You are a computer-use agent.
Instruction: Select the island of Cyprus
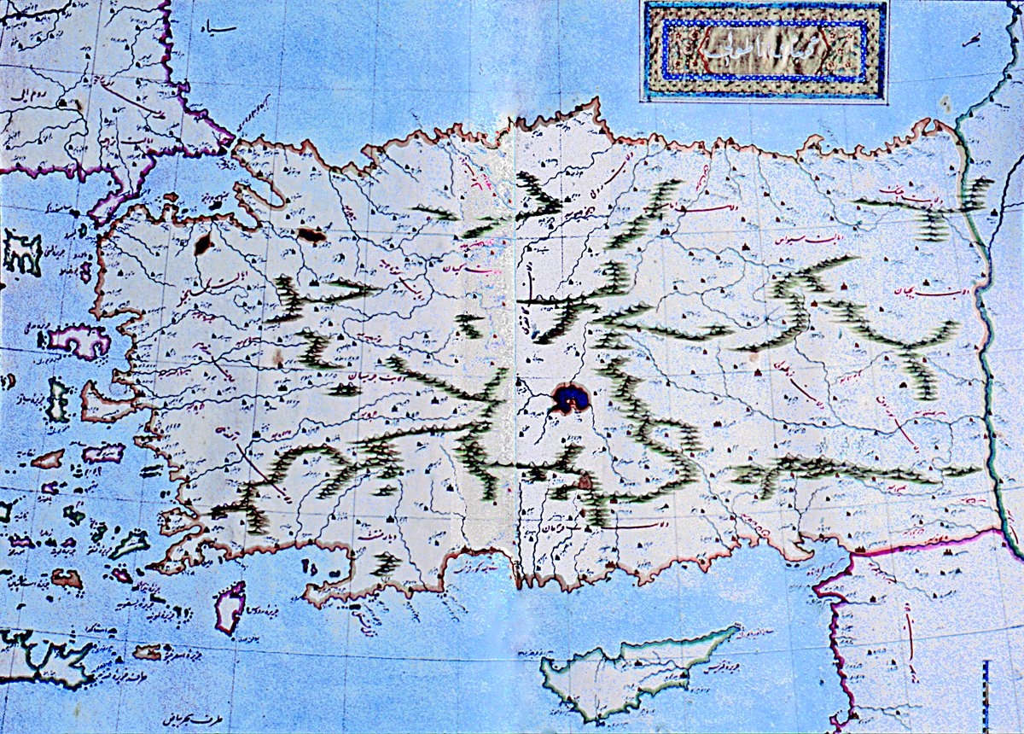631,670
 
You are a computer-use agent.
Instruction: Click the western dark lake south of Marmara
203,244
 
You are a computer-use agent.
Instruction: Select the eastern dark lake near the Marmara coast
311,234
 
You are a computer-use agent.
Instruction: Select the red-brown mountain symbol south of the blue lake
585,483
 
